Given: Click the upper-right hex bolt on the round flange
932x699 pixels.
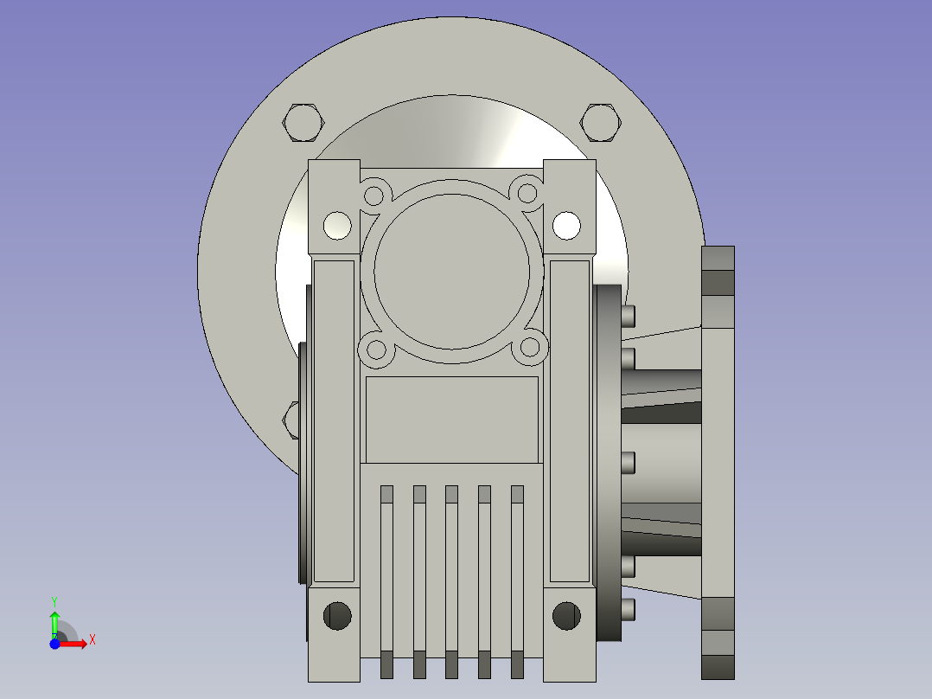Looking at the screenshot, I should pyautogui.click(x=600, y=122).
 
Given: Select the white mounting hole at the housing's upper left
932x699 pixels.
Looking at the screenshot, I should pyautogui.click(x=337, y=226).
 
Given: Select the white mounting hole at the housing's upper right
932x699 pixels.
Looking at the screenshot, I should pyautogui.click(x=566, y=226).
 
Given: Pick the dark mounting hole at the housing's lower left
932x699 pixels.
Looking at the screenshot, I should pyautogui.click(x=337, y=615).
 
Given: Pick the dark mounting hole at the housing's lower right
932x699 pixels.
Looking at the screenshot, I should pyautogui.click(x=566, y=615).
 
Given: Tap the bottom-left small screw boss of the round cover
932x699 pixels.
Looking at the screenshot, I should pyautogui.click(x=376, y=350).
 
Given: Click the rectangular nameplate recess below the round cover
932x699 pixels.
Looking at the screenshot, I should pyautogui.click(x=451, y=420).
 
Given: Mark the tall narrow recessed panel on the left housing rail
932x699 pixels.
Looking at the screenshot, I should pyautogui.click(x=334, y=420).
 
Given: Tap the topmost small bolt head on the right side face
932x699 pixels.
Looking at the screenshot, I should pyautogui.click(x=629, y=315).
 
